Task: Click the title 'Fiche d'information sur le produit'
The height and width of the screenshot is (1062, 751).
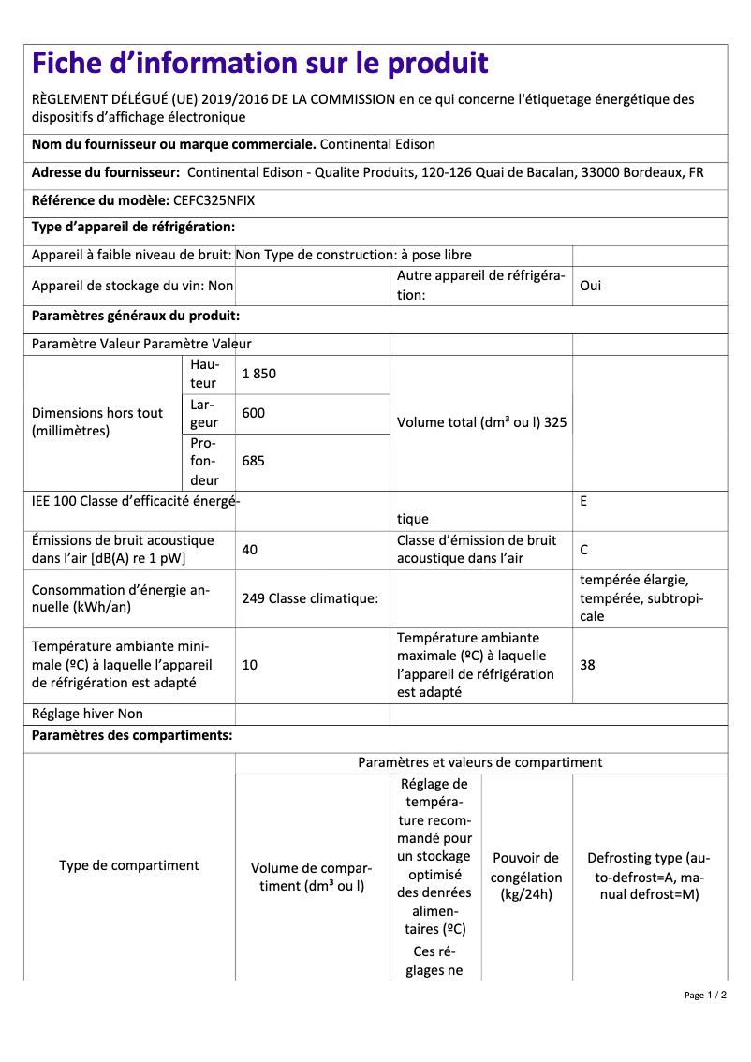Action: (x=260, y=64)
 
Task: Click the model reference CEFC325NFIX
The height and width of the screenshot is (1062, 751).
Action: (x=214, y=200)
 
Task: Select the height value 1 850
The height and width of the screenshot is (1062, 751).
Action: (x=258, y=374)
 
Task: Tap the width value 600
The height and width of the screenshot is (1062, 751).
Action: (x=253, y=413)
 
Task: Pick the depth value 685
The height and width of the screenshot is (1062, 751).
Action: (x=253, y=461)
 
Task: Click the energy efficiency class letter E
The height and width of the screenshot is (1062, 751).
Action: (x=583, y=501)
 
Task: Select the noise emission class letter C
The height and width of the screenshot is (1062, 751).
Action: (x=584, y=550)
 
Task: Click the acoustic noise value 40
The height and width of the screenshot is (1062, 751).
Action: (x=249, y=550)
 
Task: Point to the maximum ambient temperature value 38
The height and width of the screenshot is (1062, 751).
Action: (x=587, y=665)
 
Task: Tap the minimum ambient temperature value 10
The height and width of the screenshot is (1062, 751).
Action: (x=249, y=665)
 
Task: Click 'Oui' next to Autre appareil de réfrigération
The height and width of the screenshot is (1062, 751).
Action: (x=590, y=286)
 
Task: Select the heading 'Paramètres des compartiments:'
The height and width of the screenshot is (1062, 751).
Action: (x=132, y=735)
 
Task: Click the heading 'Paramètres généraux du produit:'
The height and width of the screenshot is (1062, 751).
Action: (x=136, y=316)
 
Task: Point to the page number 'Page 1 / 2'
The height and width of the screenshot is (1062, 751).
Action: (x=705, y=995)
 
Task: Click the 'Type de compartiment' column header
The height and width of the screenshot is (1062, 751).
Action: (x=129, y=865)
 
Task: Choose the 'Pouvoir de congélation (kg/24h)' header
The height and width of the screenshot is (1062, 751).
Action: (x=526, y=877)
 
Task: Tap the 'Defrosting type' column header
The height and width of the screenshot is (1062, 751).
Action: (x=649, y=877)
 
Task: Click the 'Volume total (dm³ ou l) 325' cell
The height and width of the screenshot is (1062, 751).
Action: (x=481, y=422)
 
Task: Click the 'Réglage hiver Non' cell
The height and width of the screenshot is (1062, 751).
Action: (x=87, y=714)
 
